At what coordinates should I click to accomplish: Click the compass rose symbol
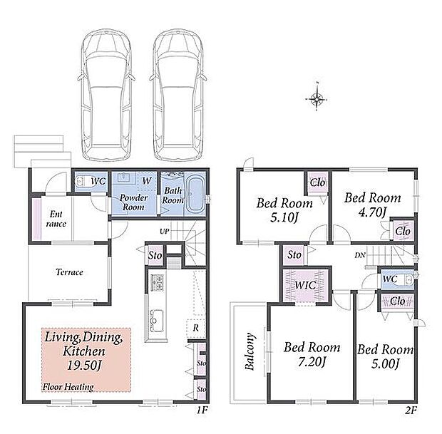pos(317,99)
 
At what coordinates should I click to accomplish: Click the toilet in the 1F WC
pos(82,181)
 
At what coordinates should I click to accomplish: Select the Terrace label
pos(69,272)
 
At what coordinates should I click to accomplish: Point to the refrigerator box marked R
pos(196,329)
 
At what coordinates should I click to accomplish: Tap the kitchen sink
pos(156,321)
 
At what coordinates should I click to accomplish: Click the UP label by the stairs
pos(165,232)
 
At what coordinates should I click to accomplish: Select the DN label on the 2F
pos(360,255)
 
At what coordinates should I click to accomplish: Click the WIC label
pos(305,285)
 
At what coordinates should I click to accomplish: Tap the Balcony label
pos(250,351)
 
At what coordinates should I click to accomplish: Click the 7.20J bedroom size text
pos(312,362)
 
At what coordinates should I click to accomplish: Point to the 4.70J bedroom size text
pos(372,212)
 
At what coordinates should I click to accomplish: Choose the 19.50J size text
pos(84,366)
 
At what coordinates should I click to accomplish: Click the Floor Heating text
pos(68,387)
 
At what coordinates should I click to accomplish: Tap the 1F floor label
pos(202,410)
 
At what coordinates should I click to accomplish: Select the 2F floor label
pos(411,410)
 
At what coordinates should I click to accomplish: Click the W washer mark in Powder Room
pos(147,180)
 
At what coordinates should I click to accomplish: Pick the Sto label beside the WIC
pos(294,255)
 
